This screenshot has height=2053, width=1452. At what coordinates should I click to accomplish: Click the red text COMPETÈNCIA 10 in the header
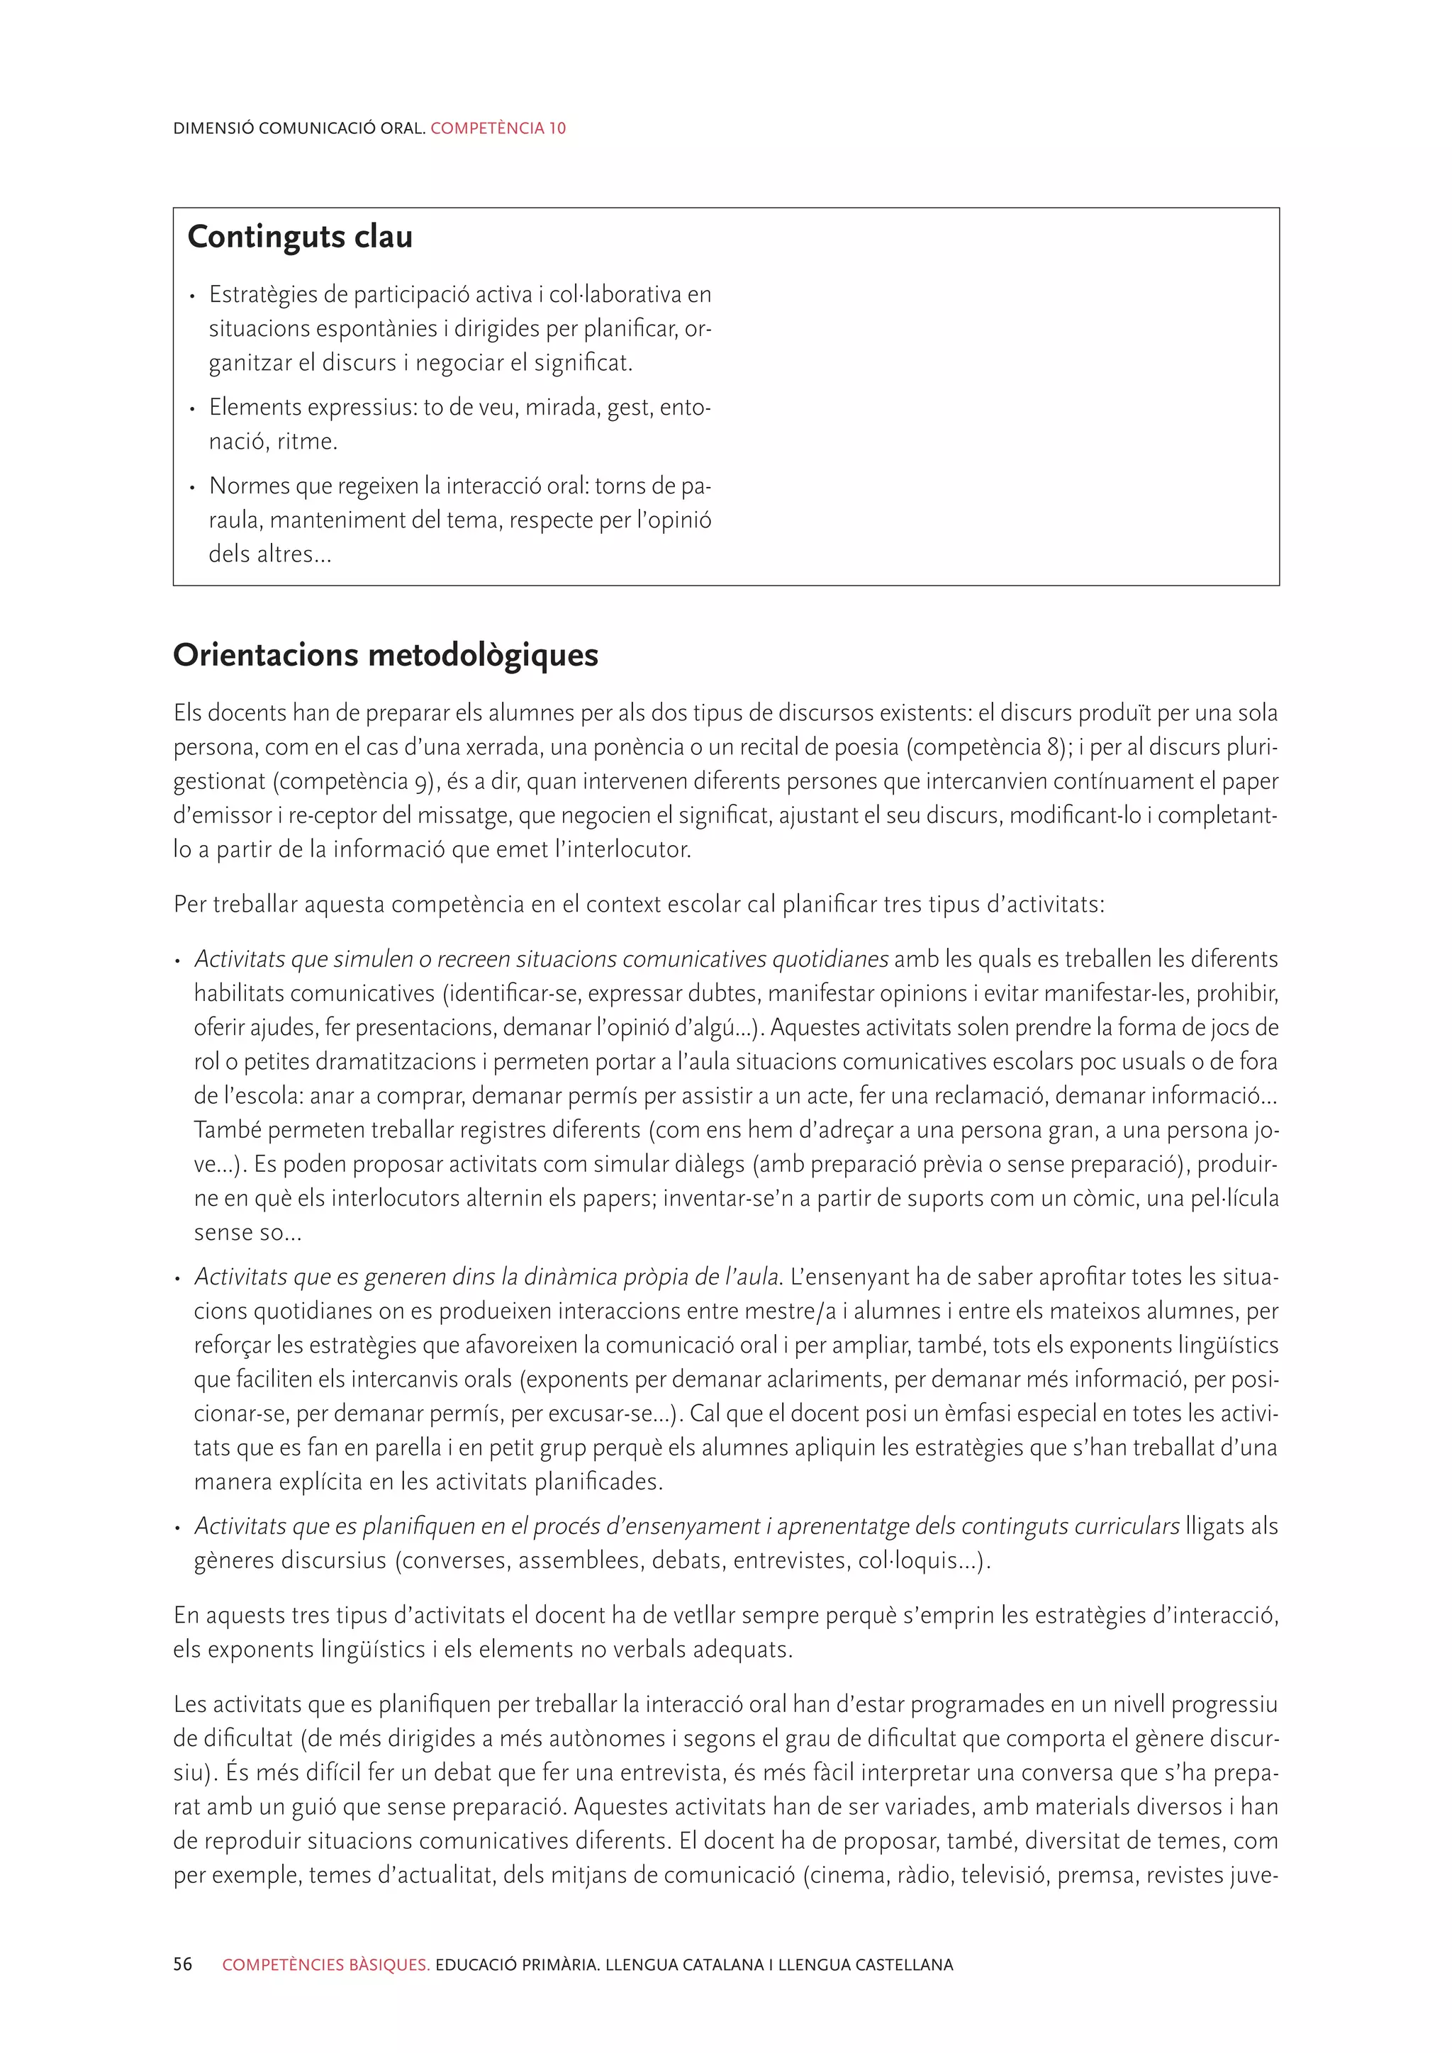(498, 128)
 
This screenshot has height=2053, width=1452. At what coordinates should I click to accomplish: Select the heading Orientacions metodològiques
(386, 654)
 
